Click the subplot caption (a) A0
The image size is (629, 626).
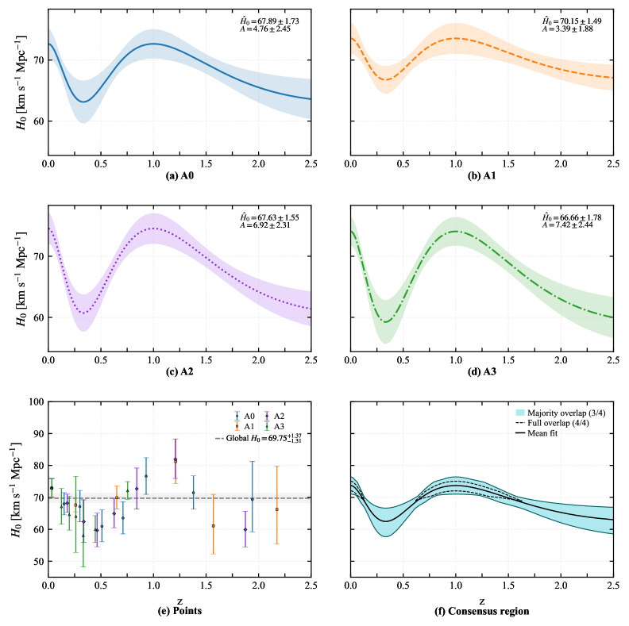point(179,176)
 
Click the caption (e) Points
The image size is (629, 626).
point(179,612)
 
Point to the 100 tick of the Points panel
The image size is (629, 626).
point(36,401)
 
